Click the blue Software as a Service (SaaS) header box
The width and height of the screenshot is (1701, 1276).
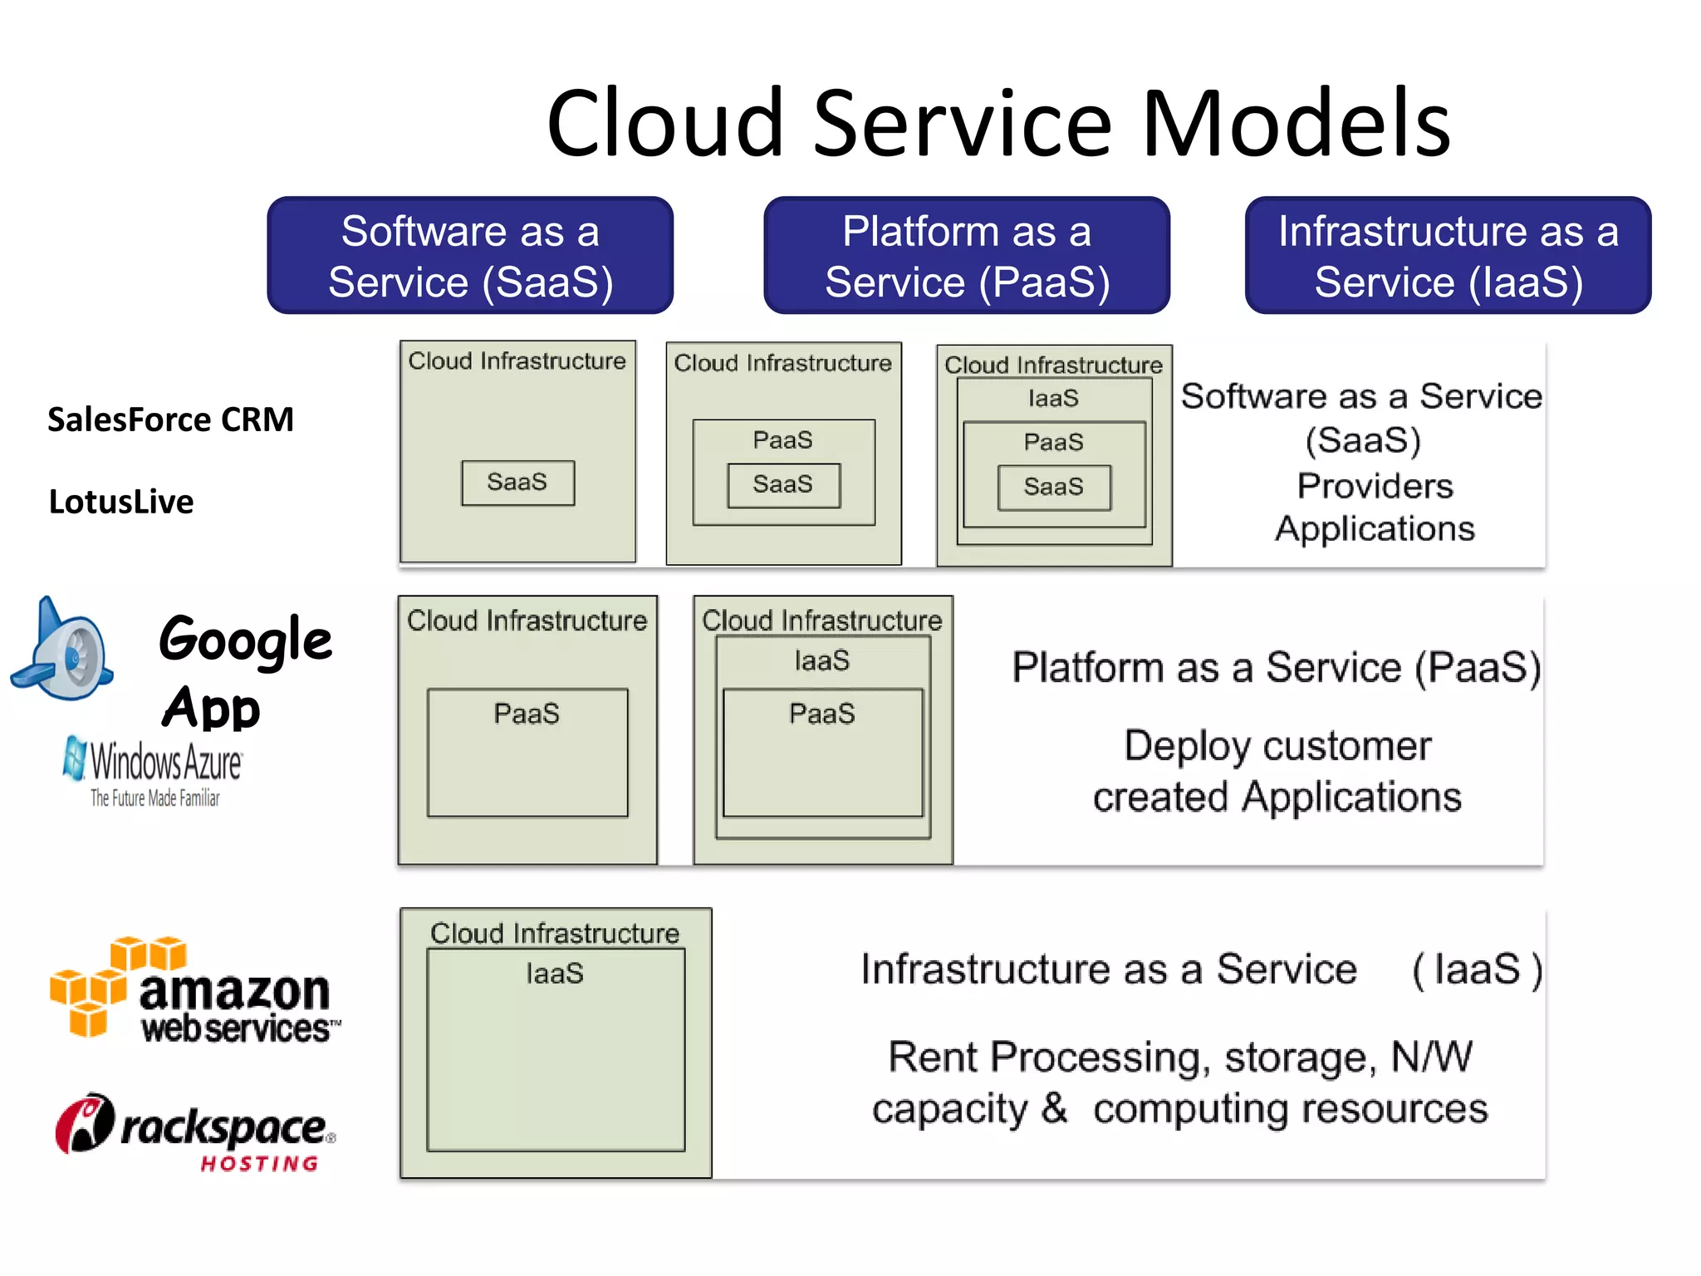tap(470, 255)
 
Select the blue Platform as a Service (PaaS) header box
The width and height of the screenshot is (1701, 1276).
tap(967, 255)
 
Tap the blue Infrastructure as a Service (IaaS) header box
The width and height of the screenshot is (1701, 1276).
tap(1448, 255)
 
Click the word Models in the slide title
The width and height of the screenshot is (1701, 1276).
tap(1297, 124)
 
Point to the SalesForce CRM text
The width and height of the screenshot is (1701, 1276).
tap(170, 420)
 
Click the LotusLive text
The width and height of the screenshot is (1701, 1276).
tap(121, 502)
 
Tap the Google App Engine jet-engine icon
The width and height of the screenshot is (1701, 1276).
tap(63, 652)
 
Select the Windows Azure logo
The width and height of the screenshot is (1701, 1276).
tap(154, 769)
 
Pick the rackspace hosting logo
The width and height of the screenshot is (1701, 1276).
tap(196, 1131)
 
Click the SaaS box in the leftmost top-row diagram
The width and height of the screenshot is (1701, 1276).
tap(517, 483)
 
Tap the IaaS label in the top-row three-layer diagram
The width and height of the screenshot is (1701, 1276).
tap(1053, 399)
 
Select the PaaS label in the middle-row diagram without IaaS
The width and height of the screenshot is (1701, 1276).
tap(527, 714)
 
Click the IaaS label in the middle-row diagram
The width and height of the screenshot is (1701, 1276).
tap(821, 660)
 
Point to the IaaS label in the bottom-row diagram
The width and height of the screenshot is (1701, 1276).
tap(554, 973)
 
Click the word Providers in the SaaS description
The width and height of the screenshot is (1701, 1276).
tap(1375, 486)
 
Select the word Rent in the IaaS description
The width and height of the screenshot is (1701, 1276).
tap(933, 1058)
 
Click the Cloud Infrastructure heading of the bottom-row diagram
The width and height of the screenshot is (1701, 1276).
tap(554, 933)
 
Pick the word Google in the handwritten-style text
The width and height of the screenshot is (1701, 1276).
tap(246, 640)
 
